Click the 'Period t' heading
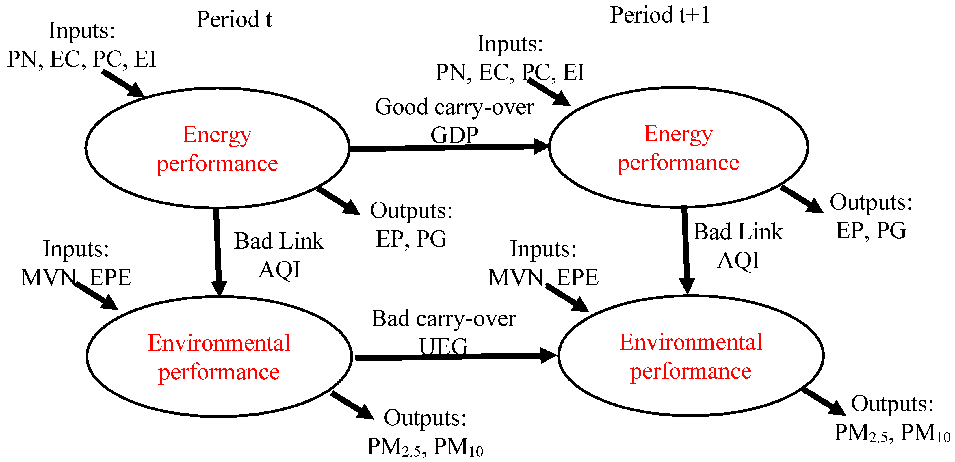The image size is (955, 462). pyautogui.click(x=234, y=19)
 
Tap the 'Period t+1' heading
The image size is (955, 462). pyautogui.click(x=659, y=16)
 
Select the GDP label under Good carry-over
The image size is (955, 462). pyautogui.click(x=454, y=135)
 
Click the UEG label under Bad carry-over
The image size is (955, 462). pyautogui.click(x=443, y=346)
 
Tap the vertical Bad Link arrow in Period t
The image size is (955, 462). pyautogui.click(x=218, y=252)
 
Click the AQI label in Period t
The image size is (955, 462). pyautogui.click(x=279, y=269)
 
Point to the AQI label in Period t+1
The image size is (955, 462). pyautogui.click(x=738, y=260)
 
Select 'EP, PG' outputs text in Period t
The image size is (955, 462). pyautogui.click(x=411, y=239)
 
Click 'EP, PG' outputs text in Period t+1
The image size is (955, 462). pyautogui.click(x=871, y=231)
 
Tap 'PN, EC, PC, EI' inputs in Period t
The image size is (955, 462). pyautogui.click(x=81, y=59)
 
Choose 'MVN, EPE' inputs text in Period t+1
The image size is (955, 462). pyautogui.click(x=543, y=277)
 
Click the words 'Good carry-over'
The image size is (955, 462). pyautogui.click(x=454, y=107)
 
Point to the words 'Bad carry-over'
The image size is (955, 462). pyautogui.click(x=443, y=318)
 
